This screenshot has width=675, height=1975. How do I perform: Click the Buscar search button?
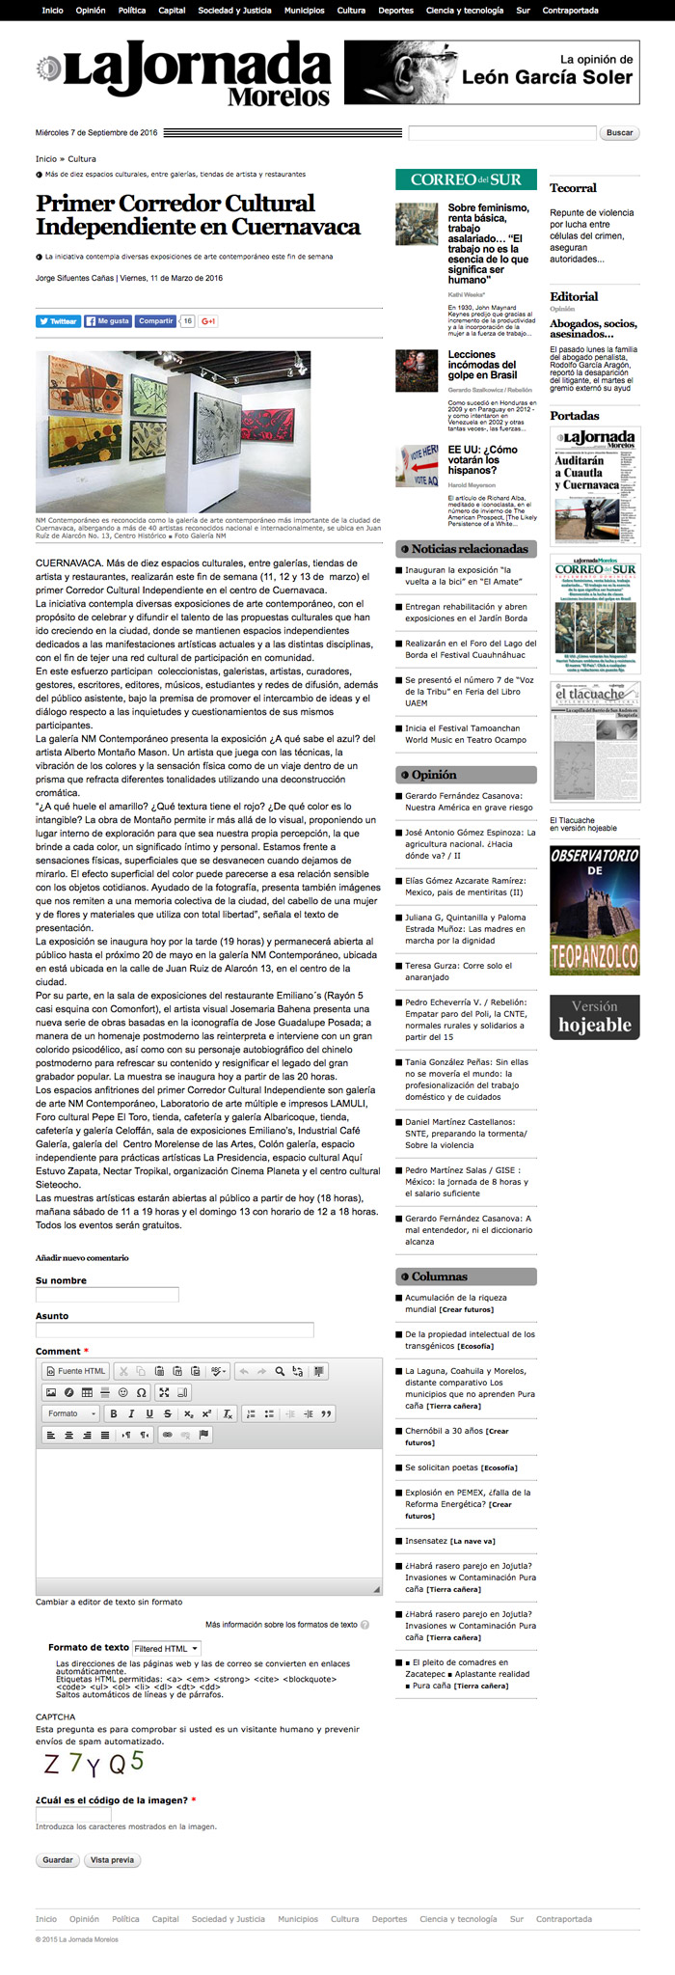click(x=619, y=133)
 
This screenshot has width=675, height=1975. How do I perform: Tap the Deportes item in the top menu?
click(x=395, y=11)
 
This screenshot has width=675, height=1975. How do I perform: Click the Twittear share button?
click(x=58, y=321)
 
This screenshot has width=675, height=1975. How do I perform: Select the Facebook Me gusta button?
click(x=106, y=321)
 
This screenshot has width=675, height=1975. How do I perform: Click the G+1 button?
click(x=208, y=321)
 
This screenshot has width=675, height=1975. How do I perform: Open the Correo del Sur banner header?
click(x=466, y=179)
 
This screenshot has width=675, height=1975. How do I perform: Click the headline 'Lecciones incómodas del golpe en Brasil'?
click(x=482, y=365)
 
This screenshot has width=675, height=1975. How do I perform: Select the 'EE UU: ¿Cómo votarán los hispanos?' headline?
click(x=482, y=460)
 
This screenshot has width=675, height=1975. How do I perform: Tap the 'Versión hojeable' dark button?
click(x=594, y=1017)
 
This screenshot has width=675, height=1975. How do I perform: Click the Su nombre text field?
click(x=107, y=1295)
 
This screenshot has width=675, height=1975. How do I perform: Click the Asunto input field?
click(x=175, y=1330)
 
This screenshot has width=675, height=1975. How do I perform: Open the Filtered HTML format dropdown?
click(x=167, y=1649)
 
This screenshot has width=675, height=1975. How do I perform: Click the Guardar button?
click(x=58, y=1860)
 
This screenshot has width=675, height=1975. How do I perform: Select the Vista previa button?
click(x=112, y=1860)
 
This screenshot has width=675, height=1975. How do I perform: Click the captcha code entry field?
click(x=60, y=1815)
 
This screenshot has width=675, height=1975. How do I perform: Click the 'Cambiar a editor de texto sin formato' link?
click(x=109, y=1603)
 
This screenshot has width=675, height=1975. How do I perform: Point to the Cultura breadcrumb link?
click(x=82, y=159)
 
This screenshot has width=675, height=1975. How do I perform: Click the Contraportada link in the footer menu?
click(x=564, y=1919)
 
